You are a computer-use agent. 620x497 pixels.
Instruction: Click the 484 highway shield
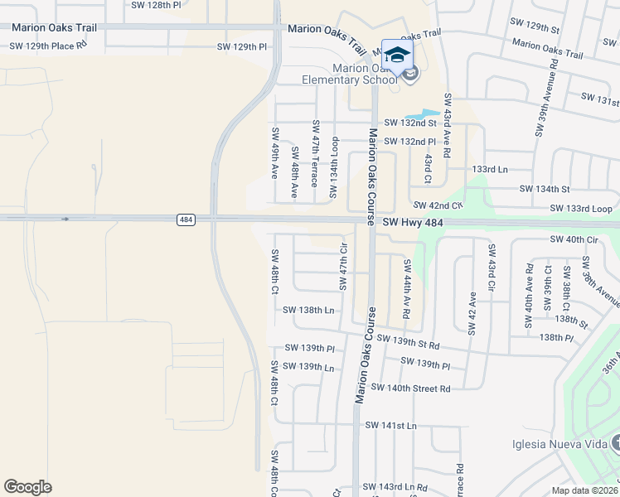[x=186, y=220]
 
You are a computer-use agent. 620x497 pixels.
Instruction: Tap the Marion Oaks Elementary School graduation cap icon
[x=398, y=55]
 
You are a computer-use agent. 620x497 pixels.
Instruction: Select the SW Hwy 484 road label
[x=419, y=223]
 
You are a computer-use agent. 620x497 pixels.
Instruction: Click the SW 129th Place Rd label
[x=48, y=46]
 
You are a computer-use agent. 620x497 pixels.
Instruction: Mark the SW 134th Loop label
[x=335, y=168]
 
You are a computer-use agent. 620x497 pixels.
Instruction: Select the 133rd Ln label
[x=489, y=169]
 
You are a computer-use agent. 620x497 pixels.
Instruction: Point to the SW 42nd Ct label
[x=437, y=205]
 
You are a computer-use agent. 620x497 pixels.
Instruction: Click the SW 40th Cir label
[x=574, y=239]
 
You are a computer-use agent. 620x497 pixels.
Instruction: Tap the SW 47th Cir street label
[x=342, y=267]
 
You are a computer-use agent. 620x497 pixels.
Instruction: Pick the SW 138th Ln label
[x=308, y=310]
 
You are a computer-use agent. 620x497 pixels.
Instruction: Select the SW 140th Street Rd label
[x=410, y=388]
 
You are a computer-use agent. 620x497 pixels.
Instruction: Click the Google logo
[x=27, y=487]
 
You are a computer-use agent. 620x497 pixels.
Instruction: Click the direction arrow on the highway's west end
[x=65, y=220]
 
